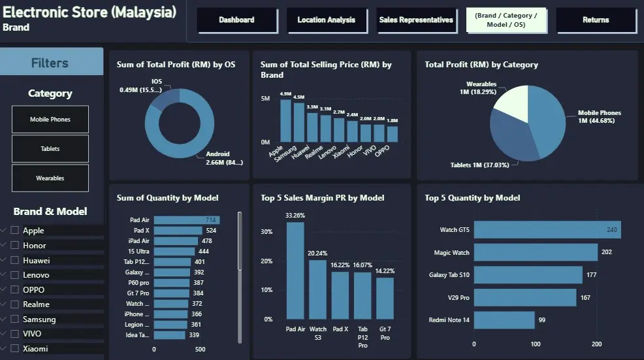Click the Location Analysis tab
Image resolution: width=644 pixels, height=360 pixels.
coord(326,20)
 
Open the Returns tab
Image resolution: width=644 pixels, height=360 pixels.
coord(596,20)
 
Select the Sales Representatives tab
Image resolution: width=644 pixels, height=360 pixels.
coord(416,20)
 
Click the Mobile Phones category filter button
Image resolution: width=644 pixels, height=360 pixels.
coord(50,120)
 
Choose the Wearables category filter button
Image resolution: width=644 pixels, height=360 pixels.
coord(50,178)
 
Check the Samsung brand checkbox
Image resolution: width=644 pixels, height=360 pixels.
coord(14,319)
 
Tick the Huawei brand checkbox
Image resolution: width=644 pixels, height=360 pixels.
coord(14,260)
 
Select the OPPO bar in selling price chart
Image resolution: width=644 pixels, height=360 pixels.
coord(392,134)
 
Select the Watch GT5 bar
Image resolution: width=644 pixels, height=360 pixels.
coord(547,230)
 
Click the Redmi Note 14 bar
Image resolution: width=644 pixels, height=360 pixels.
coord(504,320)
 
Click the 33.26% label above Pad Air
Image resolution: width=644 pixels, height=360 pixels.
coord(295,215)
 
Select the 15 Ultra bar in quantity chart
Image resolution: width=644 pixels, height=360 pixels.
coord(174,252)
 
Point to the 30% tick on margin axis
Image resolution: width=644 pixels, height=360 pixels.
coord(267,232)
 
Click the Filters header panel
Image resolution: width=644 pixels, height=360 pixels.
coord(51,63)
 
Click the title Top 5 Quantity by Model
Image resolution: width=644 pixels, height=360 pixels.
coord(472,198)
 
